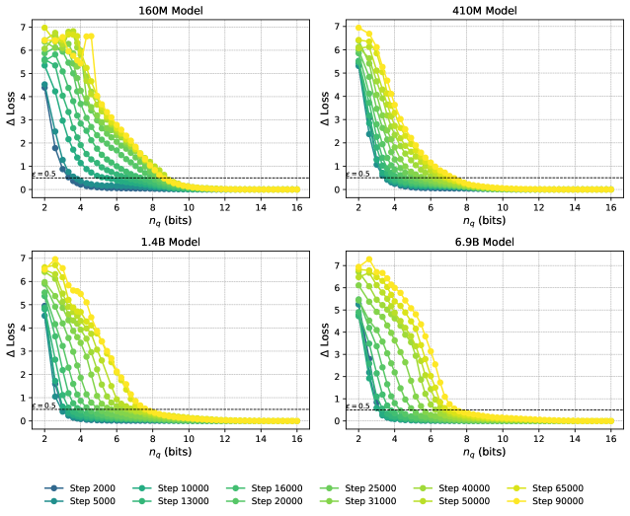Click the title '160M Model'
[170, 11]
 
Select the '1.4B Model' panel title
[170, 242]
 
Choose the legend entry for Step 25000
[361, 487]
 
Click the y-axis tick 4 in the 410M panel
[337, 97]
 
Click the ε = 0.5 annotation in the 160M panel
[42, 174]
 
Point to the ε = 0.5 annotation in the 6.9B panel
[357, 405]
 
